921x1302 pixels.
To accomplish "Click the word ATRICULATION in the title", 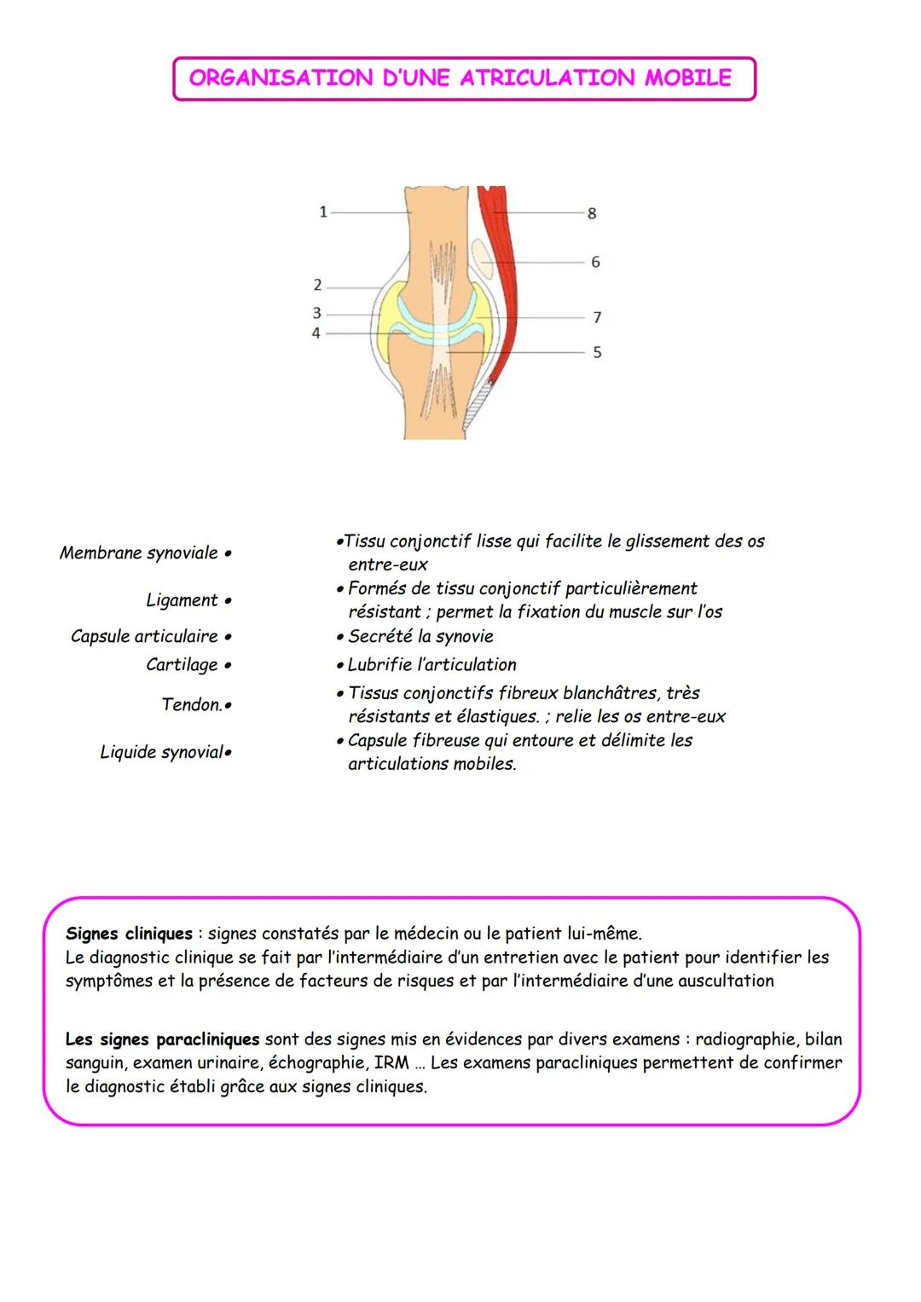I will pos(547,78).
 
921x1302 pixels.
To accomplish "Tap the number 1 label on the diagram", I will pos(323,212).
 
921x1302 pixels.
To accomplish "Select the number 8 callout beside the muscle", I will pos(592,214).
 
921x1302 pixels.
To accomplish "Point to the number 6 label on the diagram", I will pos(595,263).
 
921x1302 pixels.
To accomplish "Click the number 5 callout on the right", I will pos(597,352).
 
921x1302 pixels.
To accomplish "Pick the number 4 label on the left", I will pos(316,333).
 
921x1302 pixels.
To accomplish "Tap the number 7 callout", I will pos(597,318).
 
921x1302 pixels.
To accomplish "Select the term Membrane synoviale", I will pos(139,553).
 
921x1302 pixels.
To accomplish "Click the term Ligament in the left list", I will pos(182,600).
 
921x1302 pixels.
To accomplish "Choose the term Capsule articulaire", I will pos(144,637).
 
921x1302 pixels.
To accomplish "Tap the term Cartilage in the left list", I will pos(182,665).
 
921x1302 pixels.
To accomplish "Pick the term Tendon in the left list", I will pos(191,704).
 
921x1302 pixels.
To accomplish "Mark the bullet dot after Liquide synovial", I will pos(229,753).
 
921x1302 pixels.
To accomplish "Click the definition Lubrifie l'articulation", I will pos(432,665).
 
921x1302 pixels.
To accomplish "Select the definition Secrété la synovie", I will pos(420,637).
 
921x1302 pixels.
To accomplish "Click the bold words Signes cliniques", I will pos(129,934).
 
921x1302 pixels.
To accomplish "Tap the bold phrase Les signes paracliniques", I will pos(162,1039).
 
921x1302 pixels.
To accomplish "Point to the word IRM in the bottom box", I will pos(391,1063).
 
